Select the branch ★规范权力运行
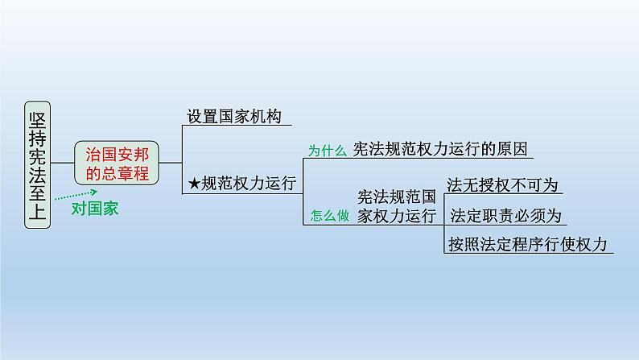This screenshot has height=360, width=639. pos(242,183)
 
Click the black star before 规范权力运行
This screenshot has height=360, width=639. pos(194,184)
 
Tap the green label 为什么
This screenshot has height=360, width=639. pos(328,150)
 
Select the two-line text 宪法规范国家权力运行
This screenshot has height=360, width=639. pos(396,206)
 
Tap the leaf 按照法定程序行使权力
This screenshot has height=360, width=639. pos(526,244)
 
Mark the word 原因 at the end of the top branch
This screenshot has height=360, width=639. pos(516,148)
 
